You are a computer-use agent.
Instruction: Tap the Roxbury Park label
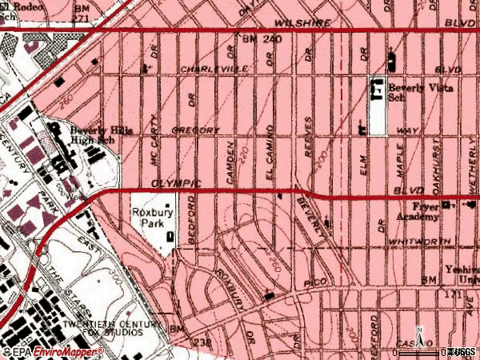click(x=148, y=219)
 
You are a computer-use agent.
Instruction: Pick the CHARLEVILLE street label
click(x=211, y=70)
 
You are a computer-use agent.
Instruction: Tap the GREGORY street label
click(x=194, y=130)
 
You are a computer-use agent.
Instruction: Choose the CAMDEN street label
click(x=232, y=160)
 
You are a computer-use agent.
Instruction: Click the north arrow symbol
click(x=419, y=332)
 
